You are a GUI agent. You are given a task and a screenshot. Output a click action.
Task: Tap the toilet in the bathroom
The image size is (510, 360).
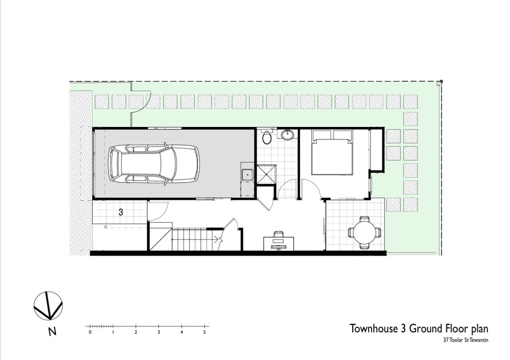click(267, 137)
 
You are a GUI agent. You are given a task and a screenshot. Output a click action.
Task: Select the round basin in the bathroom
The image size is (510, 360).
click(287, 134)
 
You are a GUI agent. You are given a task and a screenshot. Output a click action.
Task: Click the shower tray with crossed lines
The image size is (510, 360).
click(266, 175)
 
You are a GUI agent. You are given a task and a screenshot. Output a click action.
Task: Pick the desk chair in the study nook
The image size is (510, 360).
click(278, 234)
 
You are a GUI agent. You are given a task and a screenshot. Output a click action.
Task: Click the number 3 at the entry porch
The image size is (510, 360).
click(121, 212)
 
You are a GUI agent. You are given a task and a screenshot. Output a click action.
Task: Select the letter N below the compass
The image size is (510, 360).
click(52, 332)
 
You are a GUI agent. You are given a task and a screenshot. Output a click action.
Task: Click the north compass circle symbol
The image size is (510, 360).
click(48, 305)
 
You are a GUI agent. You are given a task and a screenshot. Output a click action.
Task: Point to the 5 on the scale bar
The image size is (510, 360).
click(205, 332)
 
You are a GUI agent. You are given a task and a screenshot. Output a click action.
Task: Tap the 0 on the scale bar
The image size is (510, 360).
click(90, 332)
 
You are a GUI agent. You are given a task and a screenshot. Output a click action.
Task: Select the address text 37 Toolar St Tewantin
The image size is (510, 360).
click(466, 341)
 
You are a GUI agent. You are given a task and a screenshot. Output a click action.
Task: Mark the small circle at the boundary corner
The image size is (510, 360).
click(441, 81)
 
